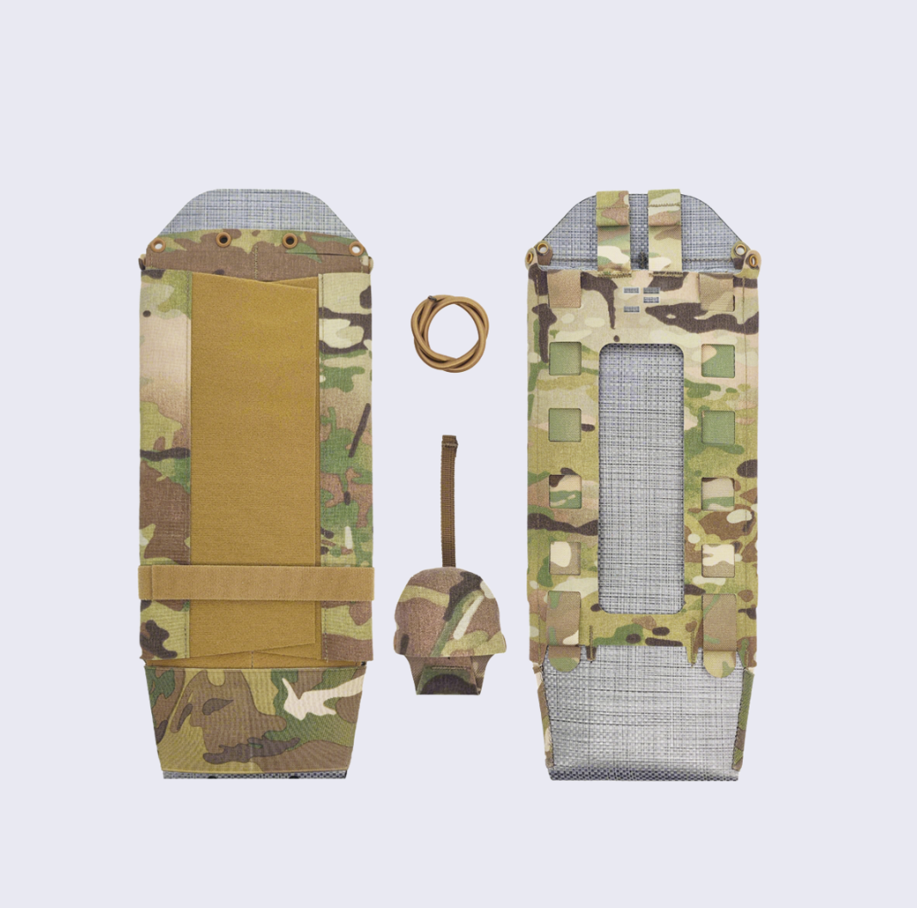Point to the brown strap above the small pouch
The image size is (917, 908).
(x=448, y=498)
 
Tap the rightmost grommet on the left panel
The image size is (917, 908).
(x=355, y=249)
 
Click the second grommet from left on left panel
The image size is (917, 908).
(x=223, y=240)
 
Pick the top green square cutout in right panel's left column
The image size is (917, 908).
(x=565, y=360)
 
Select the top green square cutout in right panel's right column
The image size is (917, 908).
(x=718, y=360)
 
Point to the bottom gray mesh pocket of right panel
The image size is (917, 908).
(x=642, y=713)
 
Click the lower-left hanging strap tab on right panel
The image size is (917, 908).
(x=564, y=631)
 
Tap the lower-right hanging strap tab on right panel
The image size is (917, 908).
(x=720, y=631)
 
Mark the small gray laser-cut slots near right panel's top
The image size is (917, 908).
(x=642, y=297)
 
